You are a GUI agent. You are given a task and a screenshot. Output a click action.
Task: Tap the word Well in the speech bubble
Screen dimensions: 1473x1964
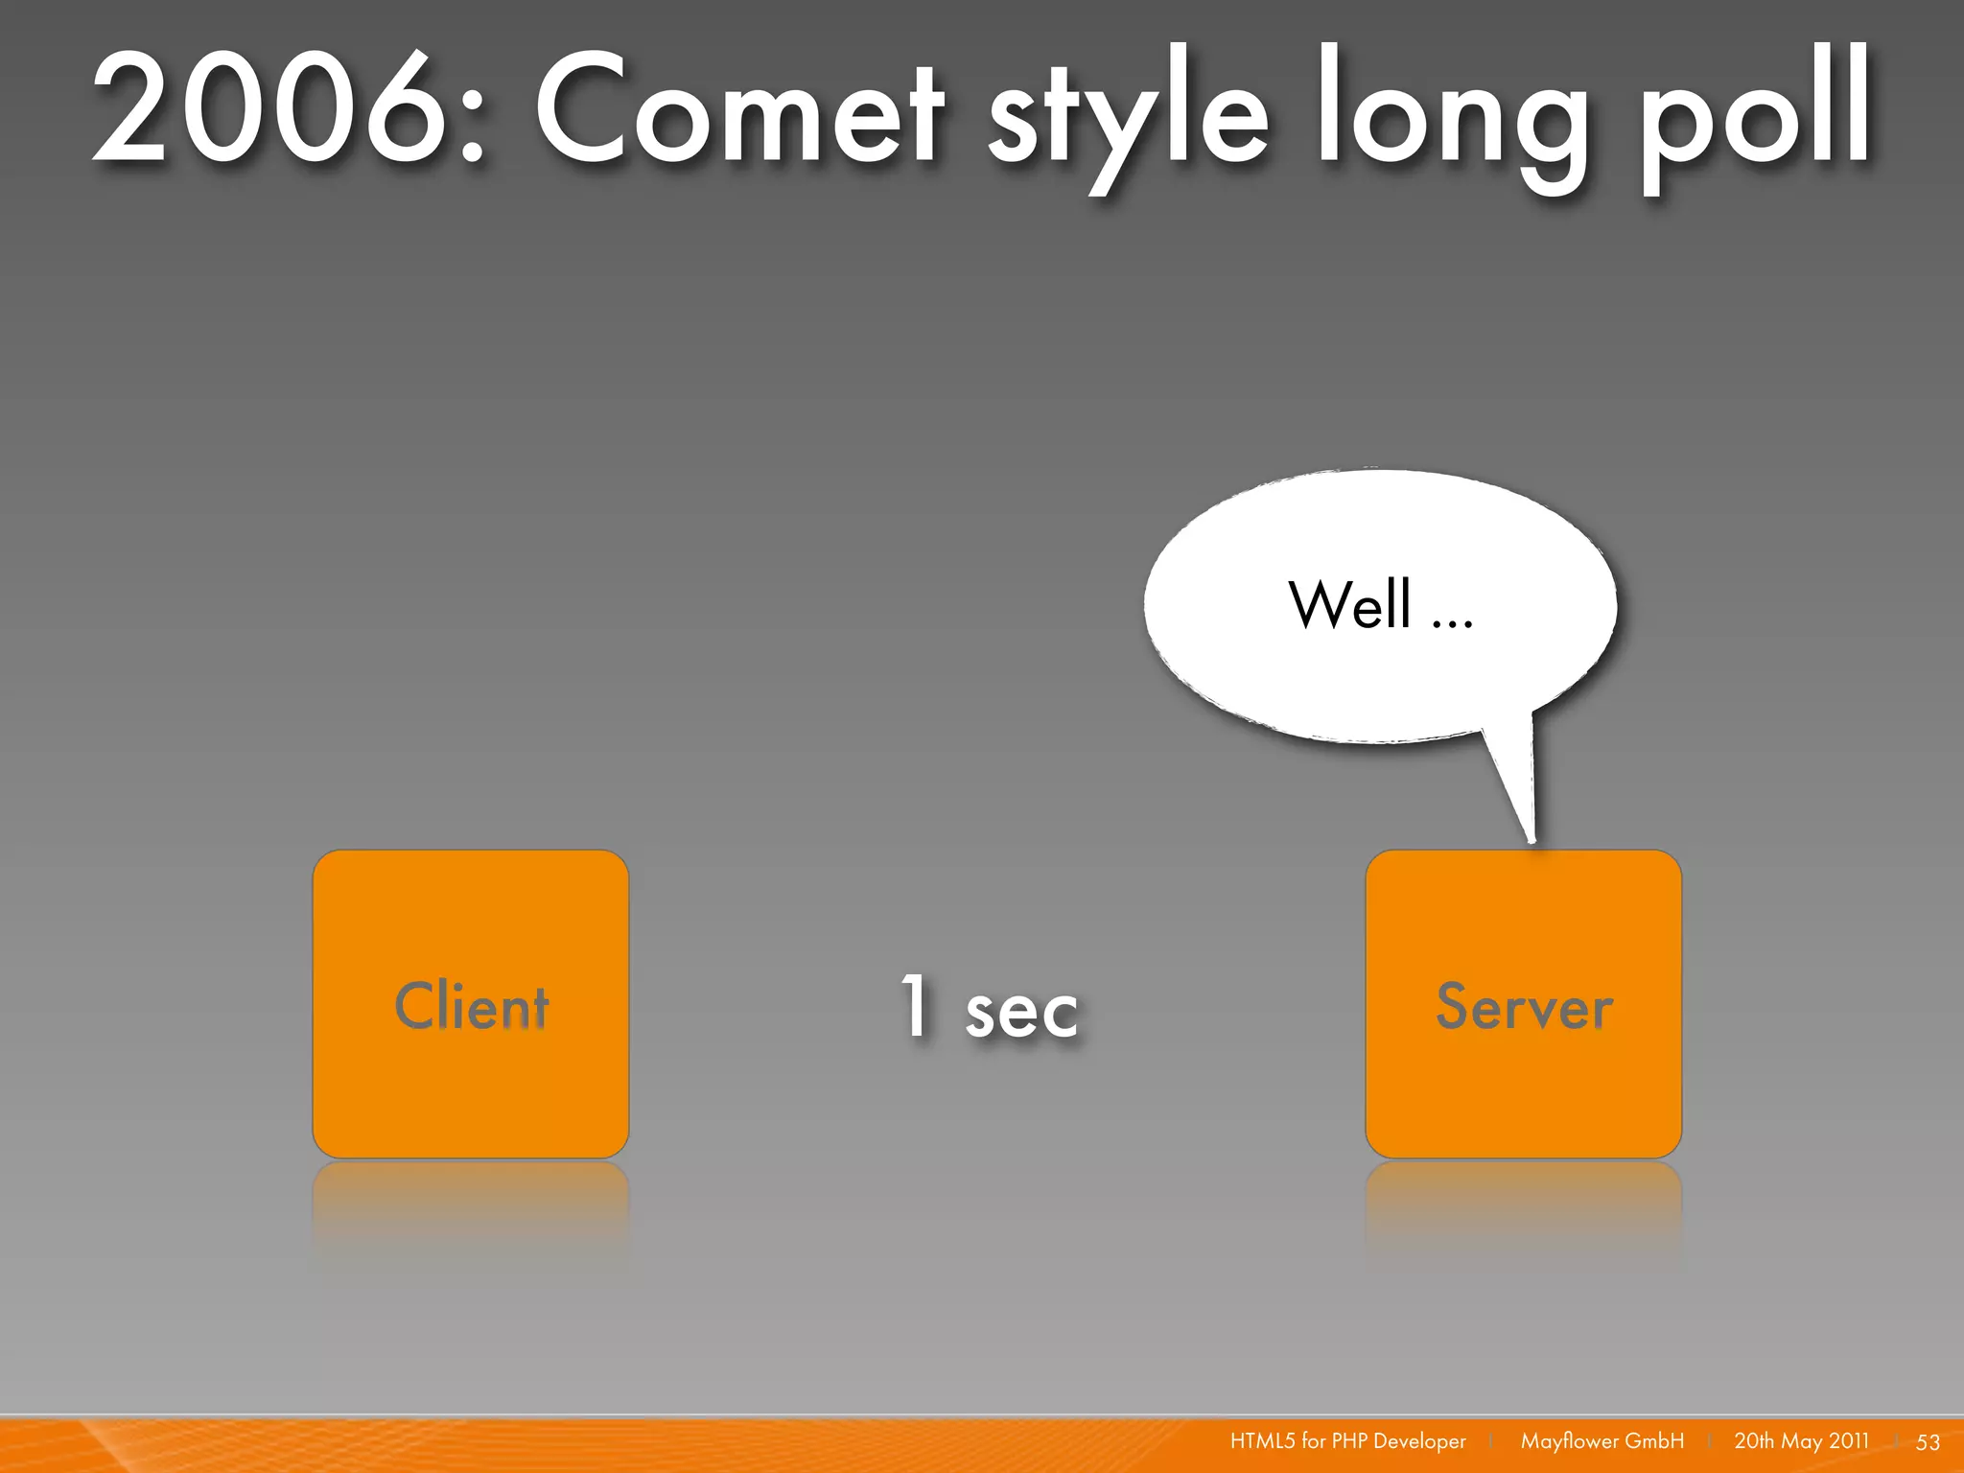pyautogui.click(x=1349, y=605)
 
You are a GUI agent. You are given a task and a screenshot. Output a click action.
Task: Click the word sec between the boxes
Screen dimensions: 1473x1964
pyautogui.click(x=1021, y=1013)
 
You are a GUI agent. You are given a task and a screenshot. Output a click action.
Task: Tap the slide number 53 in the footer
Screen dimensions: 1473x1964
pyautogui.click(x=1928, y=1442)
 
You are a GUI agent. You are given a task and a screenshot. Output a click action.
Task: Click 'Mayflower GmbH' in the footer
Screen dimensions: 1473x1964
pyautogui.click(x=1602, y=1441)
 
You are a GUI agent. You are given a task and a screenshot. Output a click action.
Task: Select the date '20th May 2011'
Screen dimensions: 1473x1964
pyautogui.click(x=1801, y=1441)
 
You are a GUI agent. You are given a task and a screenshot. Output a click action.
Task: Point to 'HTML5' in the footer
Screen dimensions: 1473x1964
pyautogui.click(x=1262, y=1441)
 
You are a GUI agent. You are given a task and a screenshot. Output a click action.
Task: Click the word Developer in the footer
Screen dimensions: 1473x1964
pyautogui.click(x=1419, y=1441)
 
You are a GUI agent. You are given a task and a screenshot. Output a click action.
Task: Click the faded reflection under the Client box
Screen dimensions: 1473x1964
pyautogui.click(x=470, y=1208)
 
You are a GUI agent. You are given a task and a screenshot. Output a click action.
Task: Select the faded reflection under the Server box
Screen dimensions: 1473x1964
pyautogui.click(x=1523, y=1208)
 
